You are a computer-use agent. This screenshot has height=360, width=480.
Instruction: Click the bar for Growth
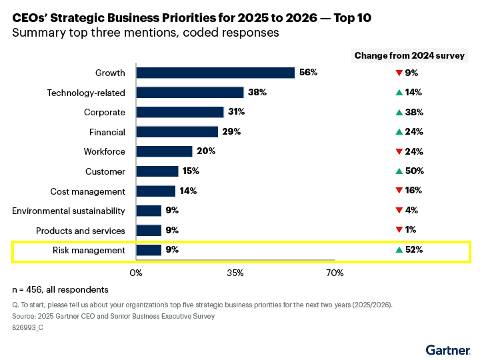click(215, 73)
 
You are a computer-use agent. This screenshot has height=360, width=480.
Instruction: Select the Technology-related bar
click(190, 93)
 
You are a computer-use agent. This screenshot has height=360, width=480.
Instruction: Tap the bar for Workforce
click(164, 151)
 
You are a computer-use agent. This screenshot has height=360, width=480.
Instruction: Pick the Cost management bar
click(155, 191)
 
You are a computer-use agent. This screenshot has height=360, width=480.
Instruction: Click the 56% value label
click(308, 73)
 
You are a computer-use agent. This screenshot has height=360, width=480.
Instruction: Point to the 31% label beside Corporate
click(236, 112)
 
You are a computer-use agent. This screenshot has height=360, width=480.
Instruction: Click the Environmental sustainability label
click(69, 211)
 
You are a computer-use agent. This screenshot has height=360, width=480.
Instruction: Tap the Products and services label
click(81, 231)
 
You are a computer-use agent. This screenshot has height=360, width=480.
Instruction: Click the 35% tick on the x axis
click(235, 273)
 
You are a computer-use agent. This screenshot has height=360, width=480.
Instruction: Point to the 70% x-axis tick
click(334, 273)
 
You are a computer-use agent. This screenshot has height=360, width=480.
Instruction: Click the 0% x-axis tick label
click(136, 273)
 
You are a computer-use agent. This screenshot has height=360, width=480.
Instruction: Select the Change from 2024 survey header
click(409, 55)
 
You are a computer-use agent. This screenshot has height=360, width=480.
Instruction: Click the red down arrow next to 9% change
click(399, 73)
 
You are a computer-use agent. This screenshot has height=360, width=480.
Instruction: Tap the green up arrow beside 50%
click(399, 171)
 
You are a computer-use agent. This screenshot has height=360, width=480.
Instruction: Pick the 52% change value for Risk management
click(414, 251)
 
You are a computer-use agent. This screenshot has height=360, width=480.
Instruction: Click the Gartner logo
click(448, 349)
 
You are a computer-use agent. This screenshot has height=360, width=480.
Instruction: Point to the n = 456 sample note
click(60, 289)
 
